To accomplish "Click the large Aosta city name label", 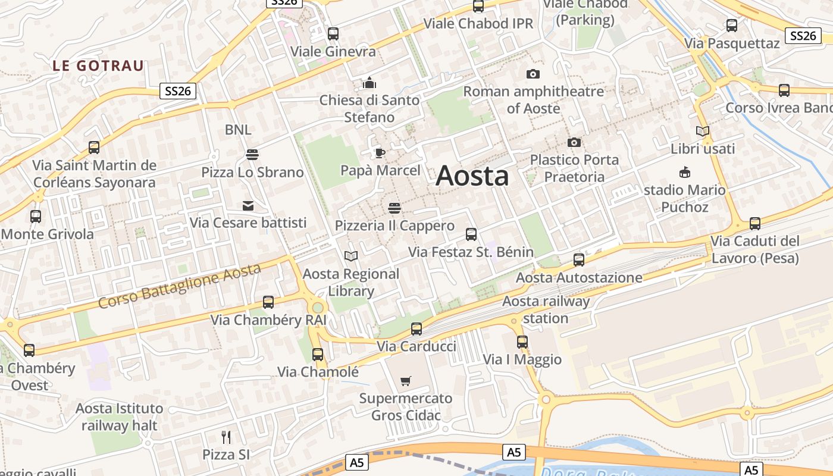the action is click(472, 176).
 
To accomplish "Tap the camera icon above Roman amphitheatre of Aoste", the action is click(533, 74).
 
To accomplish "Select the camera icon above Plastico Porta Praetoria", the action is click(574, 142).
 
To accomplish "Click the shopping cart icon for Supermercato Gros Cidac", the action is click(406, 381).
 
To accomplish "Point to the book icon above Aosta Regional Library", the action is click(351, 256).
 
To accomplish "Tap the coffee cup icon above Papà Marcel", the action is click(380, 154).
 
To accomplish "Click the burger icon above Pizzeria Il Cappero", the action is click(394, 208).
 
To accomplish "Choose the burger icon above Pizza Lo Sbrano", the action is click(252, 155).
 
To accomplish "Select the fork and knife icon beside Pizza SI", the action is click(226, 437).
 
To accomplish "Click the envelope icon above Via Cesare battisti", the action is click(248, 206).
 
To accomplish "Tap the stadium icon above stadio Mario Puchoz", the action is click(685, 173).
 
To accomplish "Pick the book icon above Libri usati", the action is click(703, 131).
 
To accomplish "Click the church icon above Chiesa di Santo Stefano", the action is click(369, 82).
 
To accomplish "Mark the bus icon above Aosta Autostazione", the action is click(579, 260).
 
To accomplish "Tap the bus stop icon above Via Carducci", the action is click(416, 329).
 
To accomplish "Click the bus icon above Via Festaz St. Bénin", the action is click(471, 234).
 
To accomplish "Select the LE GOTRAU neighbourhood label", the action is click(98, 65).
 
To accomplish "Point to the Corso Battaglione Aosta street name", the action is click(180, 286).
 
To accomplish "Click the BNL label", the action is click(238, 130).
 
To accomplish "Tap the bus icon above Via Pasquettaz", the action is click(732, 26).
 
